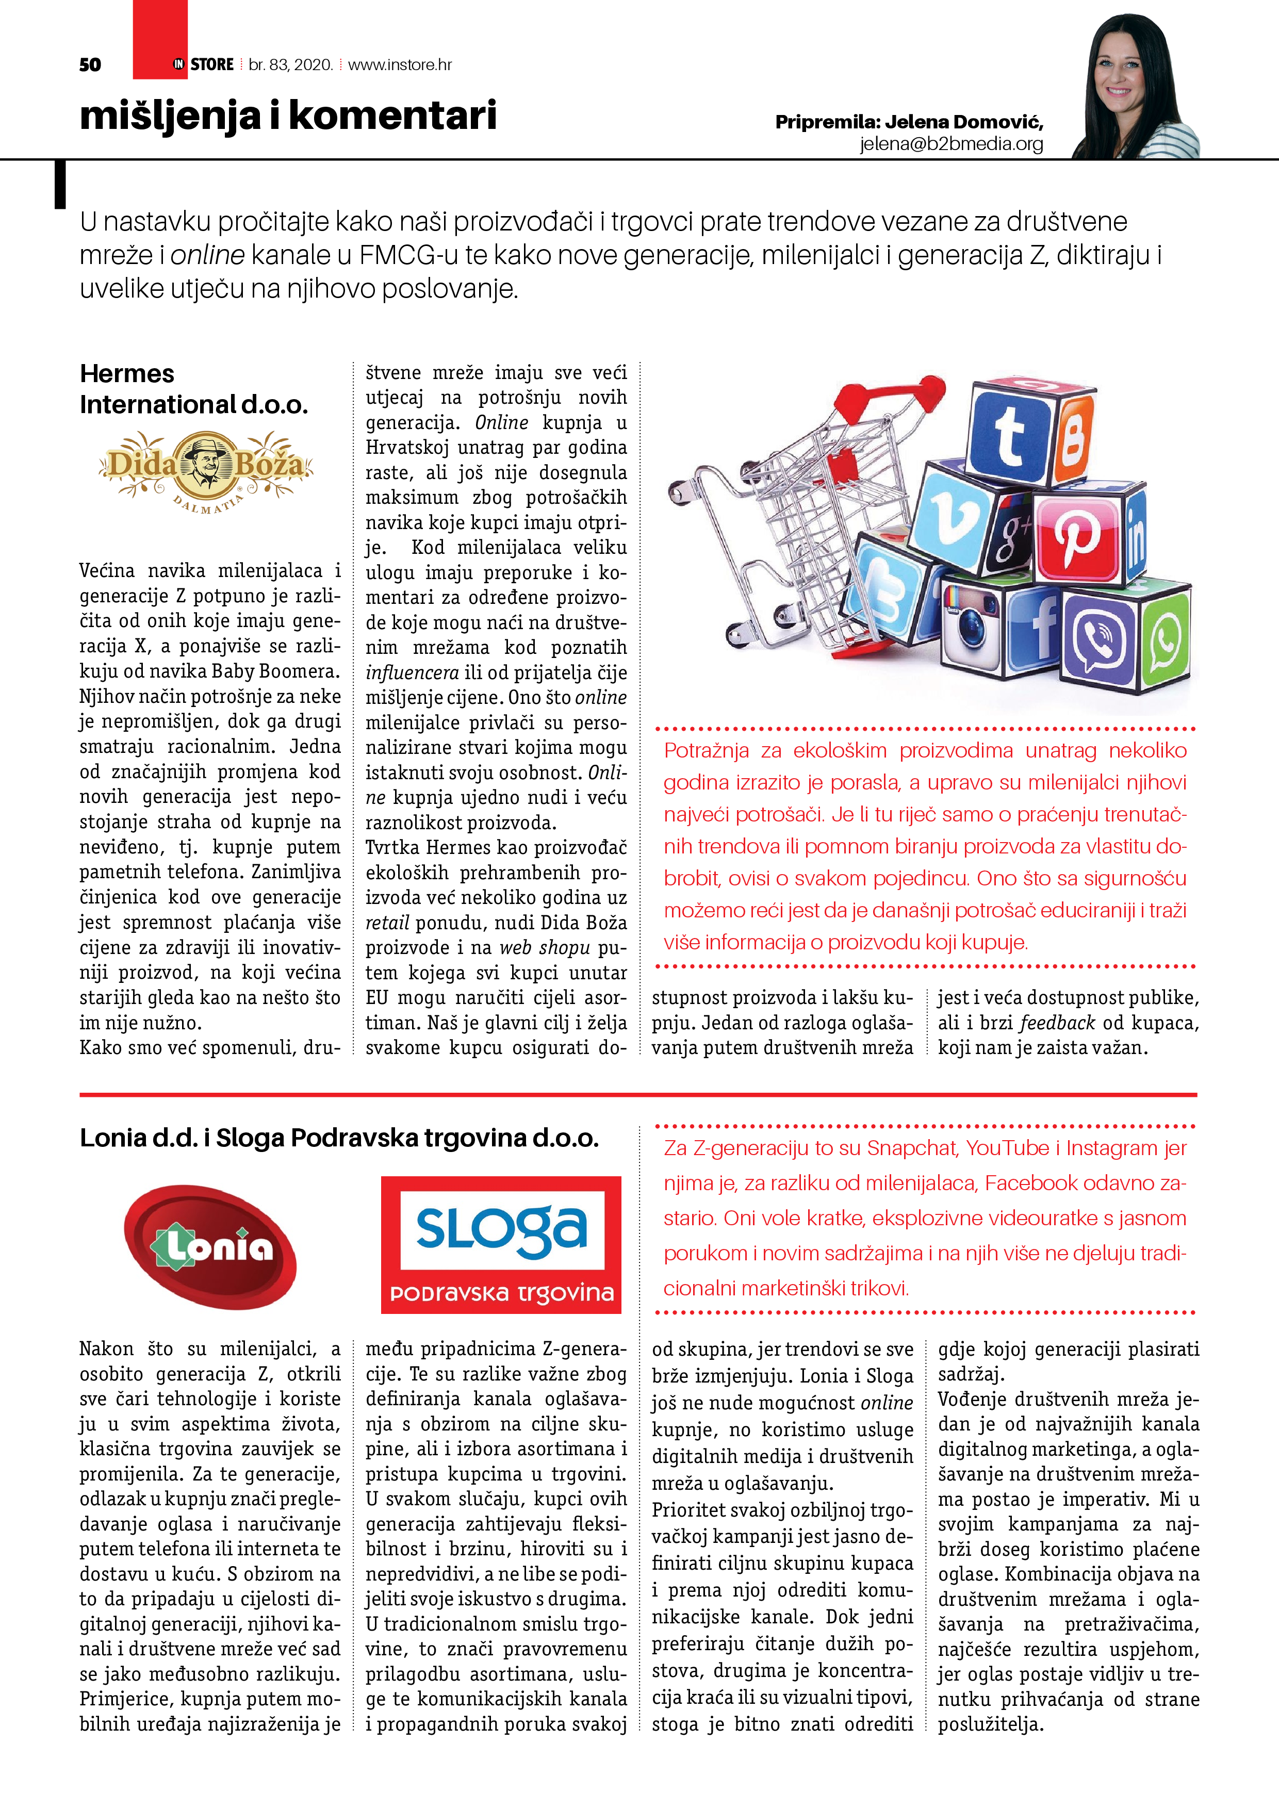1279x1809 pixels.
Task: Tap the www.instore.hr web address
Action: (400, 64)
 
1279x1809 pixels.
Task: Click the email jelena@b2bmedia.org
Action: (951, 143)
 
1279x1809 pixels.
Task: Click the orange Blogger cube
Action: (1076, 438)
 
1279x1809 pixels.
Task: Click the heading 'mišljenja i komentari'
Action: (288, 116)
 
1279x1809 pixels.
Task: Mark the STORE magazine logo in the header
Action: (205, 64)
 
